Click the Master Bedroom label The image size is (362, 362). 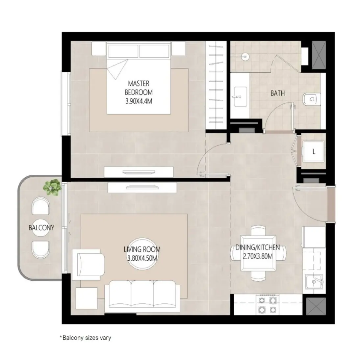(x=139, y=92)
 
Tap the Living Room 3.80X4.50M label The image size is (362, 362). (x=142, y=253)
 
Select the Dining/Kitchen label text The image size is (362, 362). (x=257, y=252)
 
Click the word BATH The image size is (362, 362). (x=277, y=93)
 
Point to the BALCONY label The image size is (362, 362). (x=41, y=227)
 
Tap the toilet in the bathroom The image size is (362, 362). (x=311, y=98)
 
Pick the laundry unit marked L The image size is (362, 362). (x=314, y=152)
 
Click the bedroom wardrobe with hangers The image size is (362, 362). (x=216, y=86)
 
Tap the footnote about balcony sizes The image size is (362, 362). (x=85, y=338)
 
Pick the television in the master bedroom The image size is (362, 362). (x=139, y=171)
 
